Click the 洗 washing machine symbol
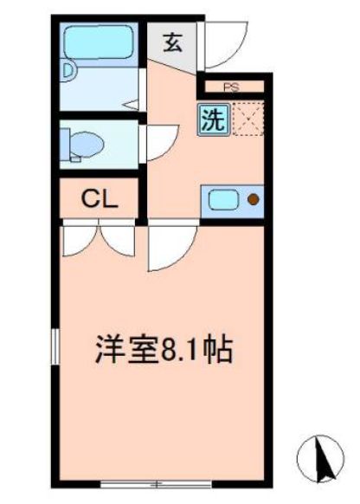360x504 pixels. pos(212,120)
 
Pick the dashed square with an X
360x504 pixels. pos(248,120)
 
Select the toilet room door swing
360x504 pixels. pos(161,141)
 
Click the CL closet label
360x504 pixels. pos(100,198)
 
